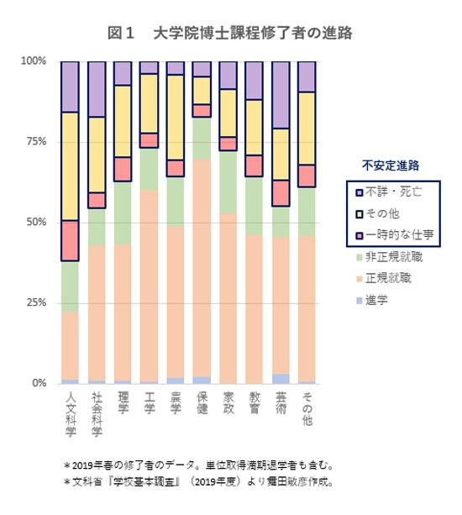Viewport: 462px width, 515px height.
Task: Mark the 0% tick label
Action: pos(38,383)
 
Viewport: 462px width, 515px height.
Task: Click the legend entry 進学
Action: pos(380,298)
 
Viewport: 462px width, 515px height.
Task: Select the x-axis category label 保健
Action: pos(201,402)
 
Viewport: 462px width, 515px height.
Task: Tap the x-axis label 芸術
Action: pos(281,402)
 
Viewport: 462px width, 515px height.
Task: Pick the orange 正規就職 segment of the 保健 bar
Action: pos(201,269)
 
